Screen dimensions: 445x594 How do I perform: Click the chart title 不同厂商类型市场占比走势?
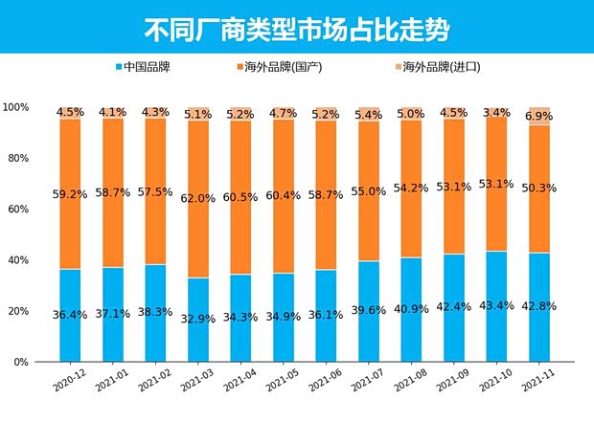pyautogui.click(x=296, y=28)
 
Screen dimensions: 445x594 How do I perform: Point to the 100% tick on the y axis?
pyautogui.click(x=17, y=106)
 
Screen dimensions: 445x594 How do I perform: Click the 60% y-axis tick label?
pyautogui.click(x=20, y=209)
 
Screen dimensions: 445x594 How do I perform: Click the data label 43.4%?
pyautogui.click(x=497, y=305)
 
